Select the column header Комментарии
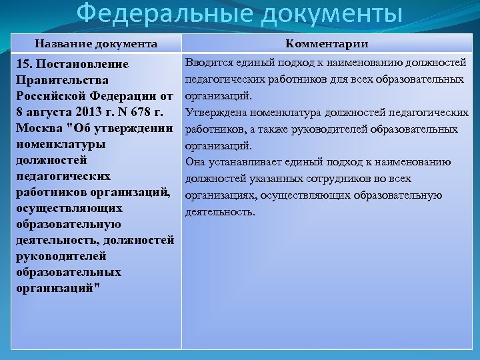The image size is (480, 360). coord(327,44)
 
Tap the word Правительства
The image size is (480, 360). coord(58,80)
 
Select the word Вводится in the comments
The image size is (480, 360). coord(207,63)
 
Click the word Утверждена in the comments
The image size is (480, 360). coord(213,112)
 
